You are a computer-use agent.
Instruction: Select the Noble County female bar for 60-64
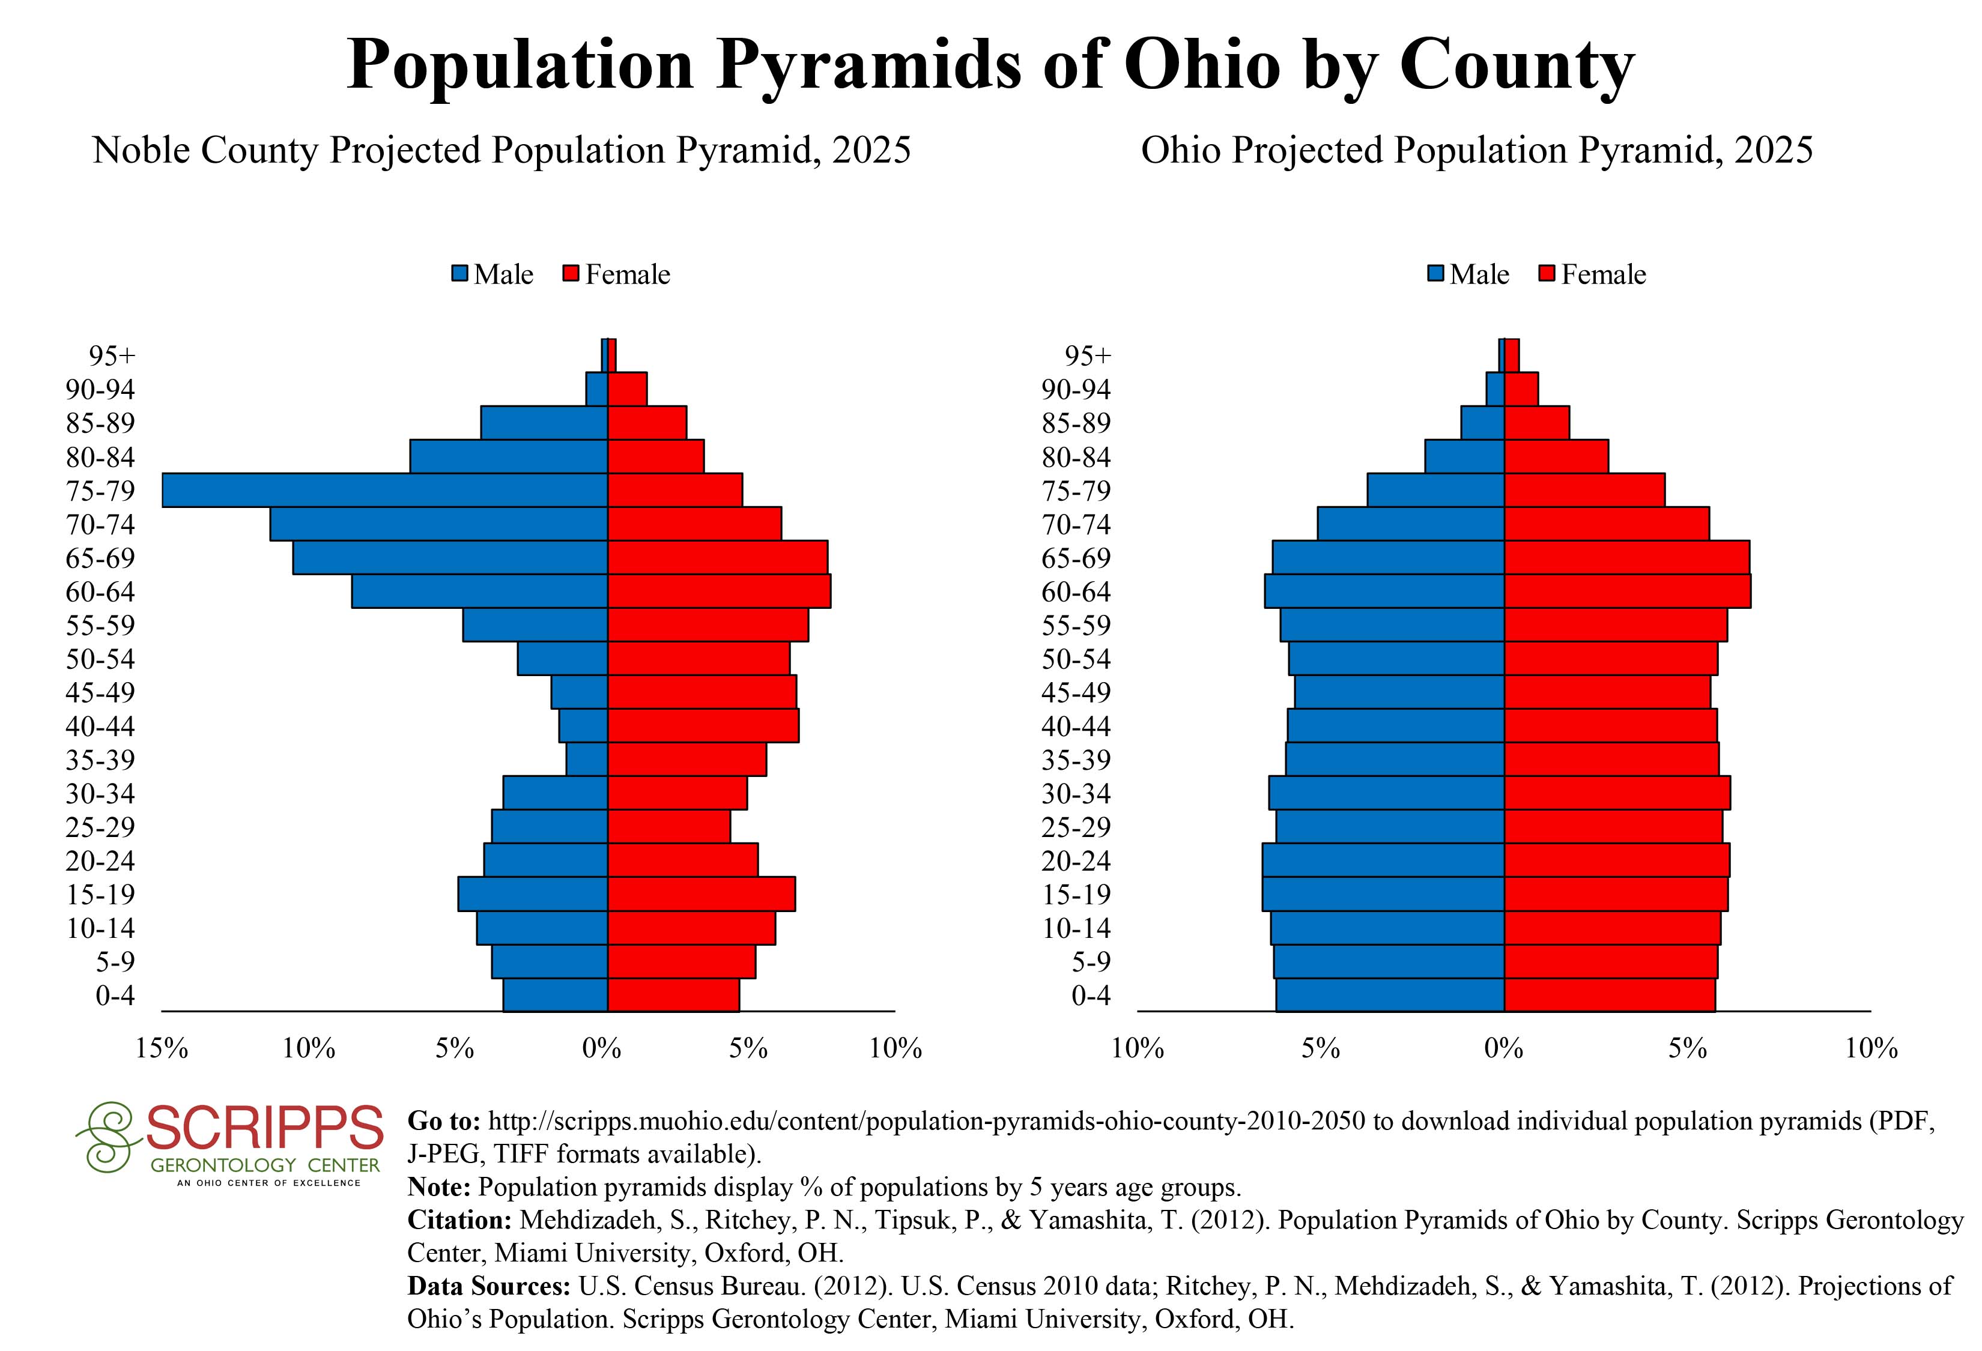coord(719,591)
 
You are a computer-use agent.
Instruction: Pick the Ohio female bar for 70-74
coord(1607,524)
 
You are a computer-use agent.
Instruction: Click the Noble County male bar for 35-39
coord(587,760)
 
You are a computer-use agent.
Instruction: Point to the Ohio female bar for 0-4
coord(1609,995)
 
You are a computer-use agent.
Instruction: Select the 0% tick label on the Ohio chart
coord(1503,1048)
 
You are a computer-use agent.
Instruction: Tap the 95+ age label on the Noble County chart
coord(112,355)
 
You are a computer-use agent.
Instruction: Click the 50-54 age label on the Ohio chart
coord(1076,659)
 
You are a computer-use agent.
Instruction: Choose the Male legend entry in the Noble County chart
coord(493,274)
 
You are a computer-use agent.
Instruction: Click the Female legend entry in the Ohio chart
coord(1592,274)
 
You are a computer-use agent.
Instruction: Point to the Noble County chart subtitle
coord(502,150)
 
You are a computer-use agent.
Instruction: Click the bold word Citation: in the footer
coord(459,1221)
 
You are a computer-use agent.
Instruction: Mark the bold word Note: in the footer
coord(439,1187)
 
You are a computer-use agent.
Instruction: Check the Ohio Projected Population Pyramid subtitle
coord(1476,150)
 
